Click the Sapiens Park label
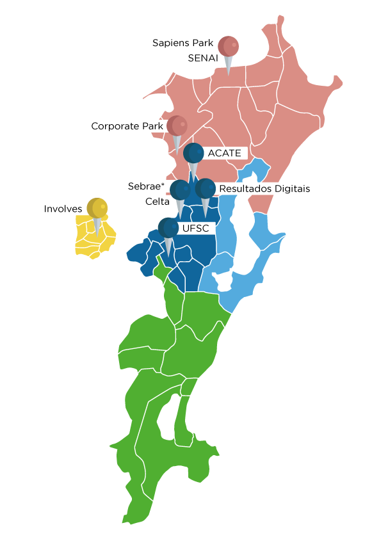point(182,43)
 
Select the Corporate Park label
point(127,126)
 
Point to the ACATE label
point(224,153)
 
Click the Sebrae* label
point(146,186)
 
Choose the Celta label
point(158,201)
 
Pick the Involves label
point(63,209)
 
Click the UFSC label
point(196,227)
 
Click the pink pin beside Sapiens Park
point(228,47)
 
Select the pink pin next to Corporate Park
point(177,125)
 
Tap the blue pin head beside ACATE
point(193,154)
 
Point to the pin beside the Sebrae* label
point(180,190)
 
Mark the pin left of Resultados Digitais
point(205,189)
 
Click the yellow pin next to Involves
point(97,208)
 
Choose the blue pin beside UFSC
point(168,227)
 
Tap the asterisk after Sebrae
point(163,184)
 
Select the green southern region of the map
point(166,384)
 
